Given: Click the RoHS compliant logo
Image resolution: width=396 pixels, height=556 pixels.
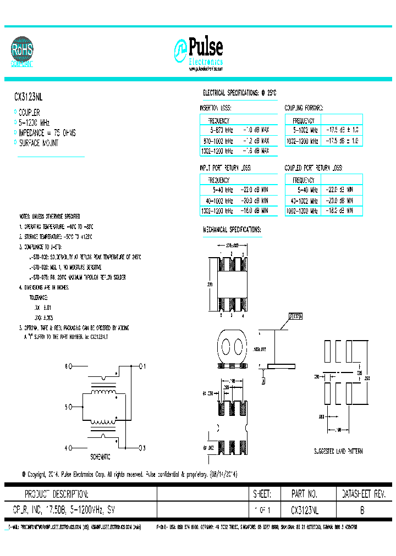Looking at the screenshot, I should tap(23, 52).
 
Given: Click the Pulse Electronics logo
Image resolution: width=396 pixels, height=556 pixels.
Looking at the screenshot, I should tap(199, 54).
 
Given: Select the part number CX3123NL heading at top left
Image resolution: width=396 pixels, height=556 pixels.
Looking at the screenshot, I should tap(28, 96).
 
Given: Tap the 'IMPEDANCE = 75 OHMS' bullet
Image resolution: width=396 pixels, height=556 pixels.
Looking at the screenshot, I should tap(47, 133).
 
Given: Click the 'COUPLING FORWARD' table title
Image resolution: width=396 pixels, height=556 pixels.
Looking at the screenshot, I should tap(304, 108).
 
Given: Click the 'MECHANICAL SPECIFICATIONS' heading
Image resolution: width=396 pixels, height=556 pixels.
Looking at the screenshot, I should tap(232, 229).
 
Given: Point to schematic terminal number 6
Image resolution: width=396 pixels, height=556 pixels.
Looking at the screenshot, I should tap(67, 365).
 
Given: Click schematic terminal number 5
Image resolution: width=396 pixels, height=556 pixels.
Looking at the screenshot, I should tap(67, 407).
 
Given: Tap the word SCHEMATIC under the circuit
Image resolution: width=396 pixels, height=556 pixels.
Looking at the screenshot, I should tap(100, 457).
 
